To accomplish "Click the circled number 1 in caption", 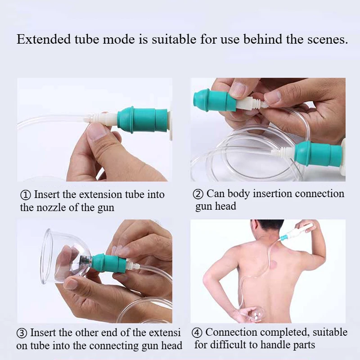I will pos(26,195).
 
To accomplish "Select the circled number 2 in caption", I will pos(198,194).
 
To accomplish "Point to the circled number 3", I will pos(22,333).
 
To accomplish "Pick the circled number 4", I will pos(197,333).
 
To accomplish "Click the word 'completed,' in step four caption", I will pos(288,333).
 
